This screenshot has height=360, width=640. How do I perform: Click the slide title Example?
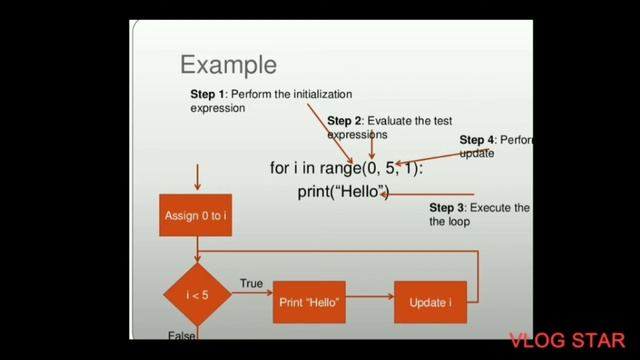point(228,66)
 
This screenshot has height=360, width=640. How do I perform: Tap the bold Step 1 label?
point(208,94)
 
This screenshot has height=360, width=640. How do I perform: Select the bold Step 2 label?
point(345,121)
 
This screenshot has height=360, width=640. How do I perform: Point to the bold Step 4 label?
point(477,140)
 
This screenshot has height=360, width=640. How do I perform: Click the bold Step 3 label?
point(447,207)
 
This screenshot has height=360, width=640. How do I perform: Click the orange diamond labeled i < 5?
point(196,295)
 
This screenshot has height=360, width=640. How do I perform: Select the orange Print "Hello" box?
point(309,301)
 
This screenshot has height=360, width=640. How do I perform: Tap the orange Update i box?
point(431,301)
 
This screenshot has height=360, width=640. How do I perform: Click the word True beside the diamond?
point(252,284)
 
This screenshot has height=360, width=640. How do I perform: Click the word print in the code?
point(315,190)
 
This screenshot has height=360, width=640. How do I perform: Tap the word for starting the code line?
point(280,169)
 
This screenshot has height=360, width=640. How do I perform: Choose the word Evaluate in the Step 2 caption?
point(391,121)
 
